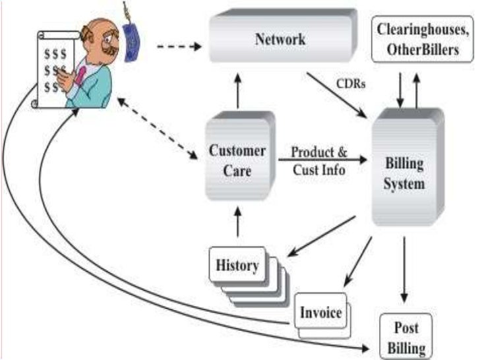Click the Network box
coord(280,39)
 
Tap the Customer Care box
coord(237,158)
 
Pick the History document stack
coord(237,266)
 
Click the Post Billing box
coord(407,336)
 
